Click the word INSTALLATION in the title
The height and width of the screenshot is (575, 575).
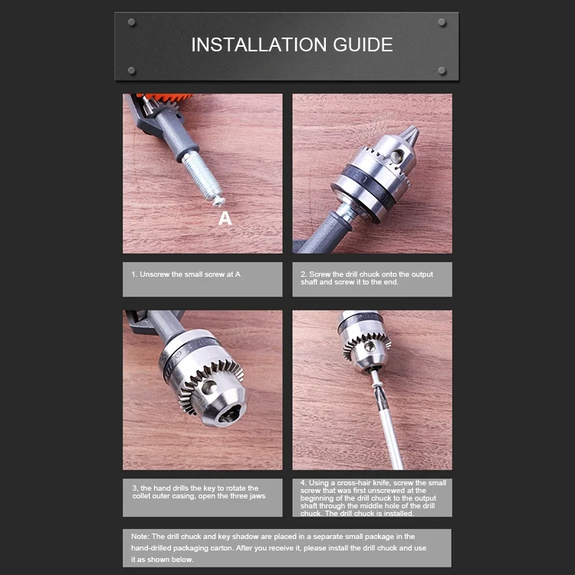click(259, 44)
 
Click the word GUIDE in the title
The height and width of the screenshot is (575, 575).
click(363, 44)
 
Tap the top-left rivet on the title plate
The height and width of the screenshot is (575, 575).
click(132, 22)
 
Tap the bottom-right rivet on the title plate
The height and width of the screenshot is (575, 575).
click(442, 71)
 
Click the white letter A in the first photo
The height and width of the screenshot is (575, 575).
click(225, 219)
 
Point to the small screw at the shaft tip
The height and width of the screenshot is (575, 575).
click(219, 200)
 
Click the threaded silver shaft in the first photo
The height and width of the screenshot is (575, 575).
click(202, 176)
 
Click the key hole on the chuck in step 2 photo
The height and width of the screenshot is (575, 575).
click(396, 156)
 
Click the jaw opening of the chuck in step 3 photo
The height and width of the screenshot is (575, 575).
click(229, 415)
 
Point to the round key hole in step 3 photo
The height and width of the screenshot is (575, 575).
click(209, 387)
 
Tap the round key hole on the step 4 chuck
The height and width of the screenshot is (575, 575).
click(370, 347)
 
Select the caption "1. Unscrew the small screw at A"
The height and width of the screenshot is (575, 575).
click(186, 274)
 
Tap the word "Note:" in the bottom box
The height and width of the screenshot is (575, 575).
click(140, 537)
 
